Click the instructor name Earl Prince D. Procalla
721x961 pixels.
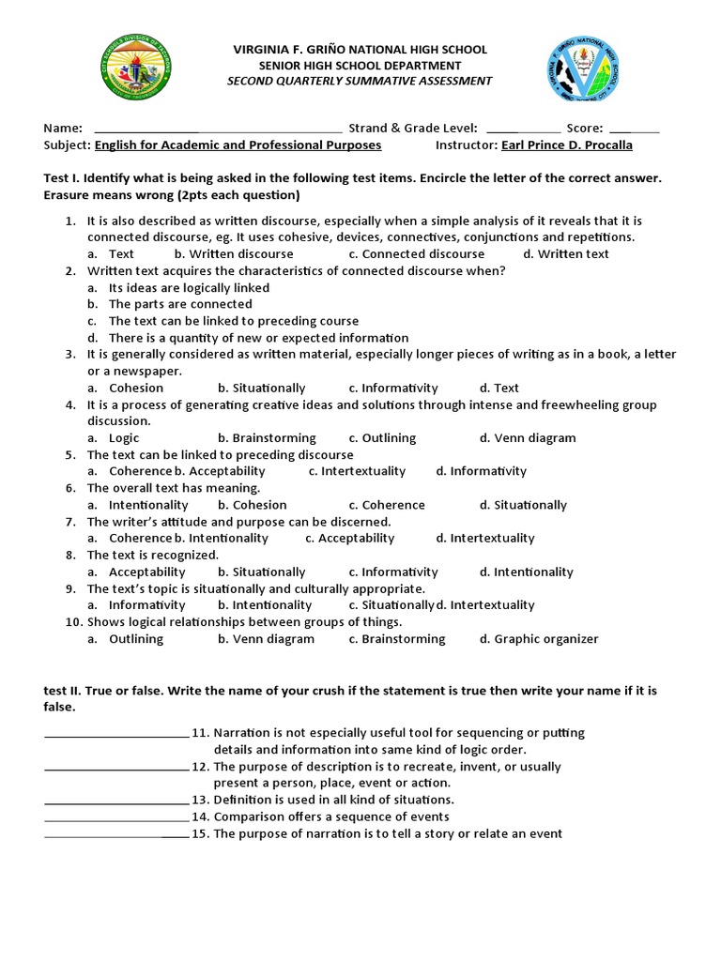[567, 145]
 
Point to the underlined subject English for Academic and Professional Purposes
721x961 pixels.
[238, 145]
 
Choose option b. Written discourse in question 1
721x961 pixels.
[234, 254]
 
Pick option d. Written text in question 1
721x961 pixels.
[565, 254]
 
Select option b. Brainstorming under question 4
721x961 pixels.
[267, 438]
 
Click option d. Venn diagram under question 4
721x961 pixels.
[528, 438]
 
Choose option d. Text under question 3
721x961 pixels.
[499, 388]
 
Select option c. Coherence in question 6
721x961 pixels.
[386, 505]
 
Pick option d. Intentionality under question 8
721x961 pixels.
[526, 572]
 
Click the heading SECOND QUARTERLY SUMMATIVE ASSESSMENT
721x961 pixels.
[360, 81]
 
